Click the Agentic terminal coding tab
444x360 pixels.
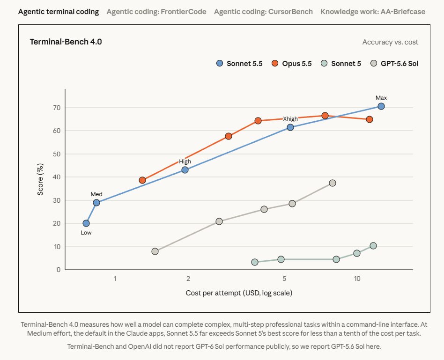(x=59, y=12)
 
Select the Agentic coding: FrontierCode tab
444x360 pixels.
(x=156, y=12)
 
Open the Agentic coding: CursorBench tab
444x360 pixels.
(x=263, y=12)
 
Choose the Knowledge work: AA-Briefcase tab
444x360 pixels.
(x=373, y=12)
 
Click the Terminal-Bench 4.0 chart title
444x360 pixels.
(x=66, y=42)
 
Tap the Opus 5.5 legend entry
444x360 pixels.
(x=292, y=63)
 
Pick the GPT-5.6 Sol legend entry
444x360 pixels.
(x=394, y=63)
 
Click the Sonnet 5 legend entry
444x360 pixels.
(x=341, y=63)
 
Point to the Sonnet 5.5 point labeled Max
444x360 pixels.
(x=381, y=106)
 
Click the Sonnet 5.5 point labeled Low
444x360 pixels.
(x=86, y=223)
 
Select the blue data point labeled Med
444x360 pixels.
(x=96, y=203)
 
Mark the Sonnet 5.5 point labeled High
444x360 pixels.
(x=185, y=170)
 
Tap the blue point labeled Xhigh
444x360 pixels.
(x=290, y=127)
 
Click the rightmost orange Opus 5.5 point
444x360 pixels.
(x=369, y=119)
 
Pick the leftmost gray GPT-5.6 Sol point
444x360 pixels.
(x=155, y=251)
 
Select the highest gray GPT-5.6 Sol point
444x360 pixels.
(x=333, y=183)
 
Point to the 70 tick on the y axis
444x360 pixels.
(x=57, y=108)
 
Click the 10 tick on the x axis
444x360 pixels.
(x=357, y=279)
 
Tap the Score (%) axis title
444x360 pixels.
(x=40, y=179)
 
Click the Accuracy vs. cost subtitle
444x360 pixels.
(x=390, y=42)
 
